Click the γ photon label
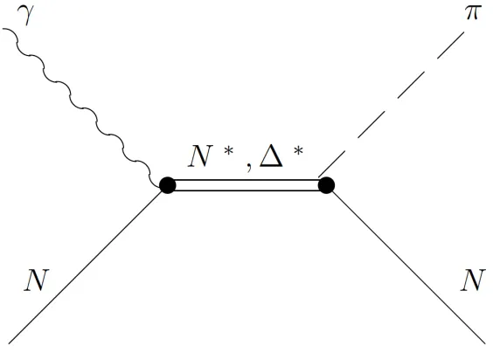click(x=26, y=15)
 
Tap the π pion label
click(x=473, y=13)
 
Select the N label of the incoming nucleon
click(x=37, y=280)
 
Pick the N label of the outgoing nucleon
click(x=473, y=280)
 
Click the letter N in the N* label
click(x=200, y=156)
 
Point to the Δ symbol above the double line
click(x=271, y=156)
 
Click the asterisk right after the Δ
click(x=298, y=151)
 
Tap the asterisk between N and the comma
click(x=228, y=151)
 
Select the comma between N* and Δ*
click(x=249, y=167)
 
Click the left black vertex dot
click(x=167, y=185)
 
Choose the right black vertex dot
click(x=326, y=185)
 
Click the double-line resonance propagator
click(x=246, y=185)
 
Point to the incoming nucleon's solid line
click(x=86, y=267)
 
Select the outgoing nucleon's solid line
click(x=409, y=267)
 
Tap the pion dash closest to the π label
click(x=450, y=45)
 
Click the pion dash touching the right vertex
click(x=331, y=164)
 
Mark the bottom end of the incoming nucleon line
click(x=9, y=343)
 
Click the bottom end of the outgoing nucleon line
click(x=485, y=343)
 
